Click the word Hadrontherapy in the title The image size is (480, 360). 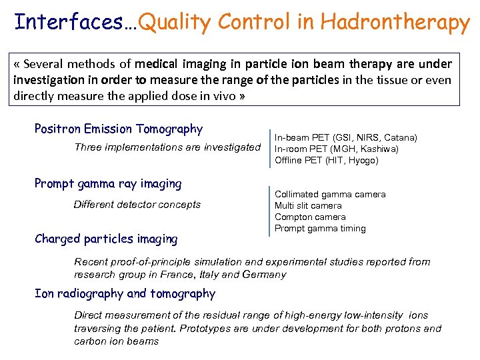pyautogui.click(x=395, y=23)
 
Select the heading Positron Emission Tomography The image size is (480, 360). pyautogui.click(x=118, y=129)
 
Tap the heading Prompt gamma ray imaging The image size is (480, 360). pyautogui.click(x=107, y=183)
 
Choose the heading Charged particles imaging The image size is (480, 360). pyautogui.click(x=106, y=239)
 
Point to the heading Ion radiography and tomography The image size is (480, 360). pyautogui.click(x=125, y=294)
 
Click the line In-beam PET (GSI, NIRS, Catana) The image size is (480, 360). pyautogui.click(x=346, y=137)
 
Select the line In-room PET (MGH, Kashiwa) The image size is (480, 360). pyautogui.click(x=337, y=149)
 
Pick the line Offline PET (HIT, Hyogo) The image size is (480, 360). pyautogui.click(x=326, y=160)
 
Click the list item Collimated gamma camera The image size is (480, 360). pyautogui.click(x=330, y=194)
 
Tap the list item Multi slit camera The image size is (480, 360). pyautogui.click(x=308, y=205)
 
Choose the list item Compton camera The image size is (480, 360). pyautogui.click(x=310, y=217)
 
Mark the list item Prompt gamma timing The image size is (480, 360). pyautogui.click(x=320, y=228)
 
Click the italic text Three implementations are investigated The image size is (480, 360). pyautogui.click(x=167, y=147)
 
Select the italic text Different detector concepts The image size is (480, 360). pyautogui.click(x=137, y=205)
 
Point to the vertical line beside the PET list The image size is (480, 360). pyautogui.click(x=270, y=148)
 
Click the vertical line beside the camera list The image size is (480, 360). pyautogui.click(x=270, y=211)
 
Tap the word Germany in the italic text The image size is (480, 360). pyautogui.click(x=265, y=274)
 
